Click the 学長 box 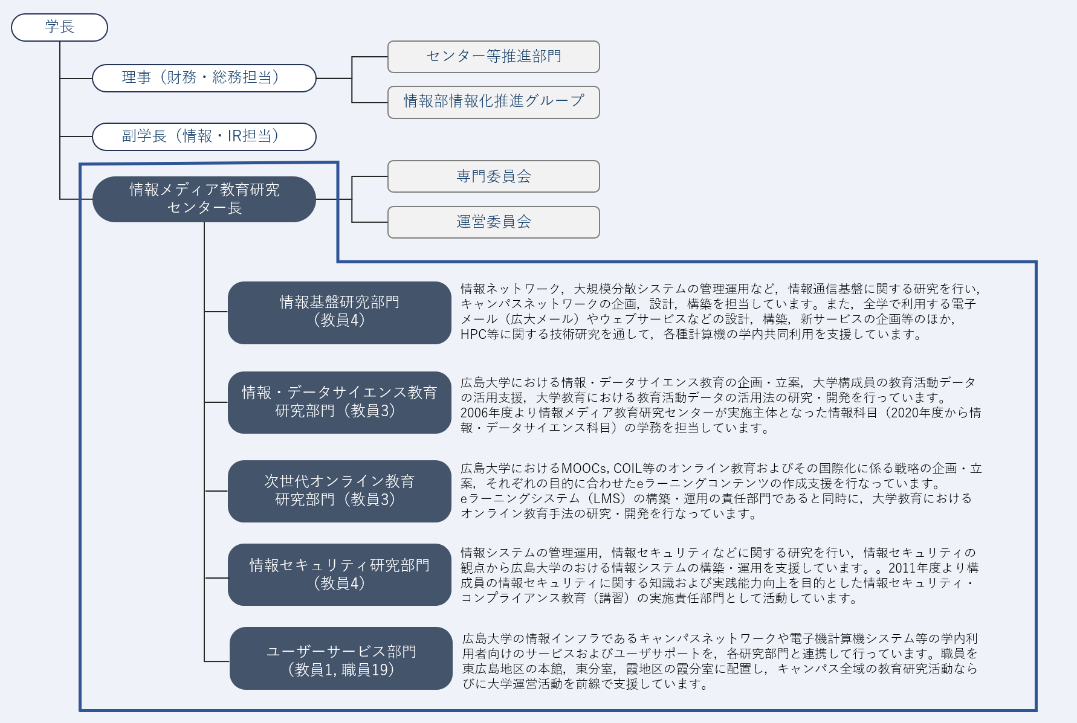(59, 27)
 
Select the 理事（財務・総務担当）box (204, 78)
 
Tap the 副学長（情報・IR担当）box (204, 137)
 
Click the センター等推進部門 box (493, 57)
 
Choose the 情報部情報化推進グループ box (493, 102)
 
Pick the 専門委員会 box (493, 176)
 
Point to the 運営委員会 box (493, 222)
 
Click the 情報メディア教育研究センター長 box (204, 199)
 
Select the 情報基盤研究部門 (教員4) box (340, 312)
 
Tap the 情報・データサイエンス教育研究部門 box (340, 402)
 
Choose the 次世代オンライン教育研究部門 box (340, 491)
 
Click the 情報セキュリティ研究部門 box (340, 574)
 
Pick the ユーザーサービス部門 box (341, 658)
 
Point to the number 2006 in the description (474, 413)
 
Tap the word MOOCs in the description (584, 469)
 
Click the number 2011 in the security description (902, 568)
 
